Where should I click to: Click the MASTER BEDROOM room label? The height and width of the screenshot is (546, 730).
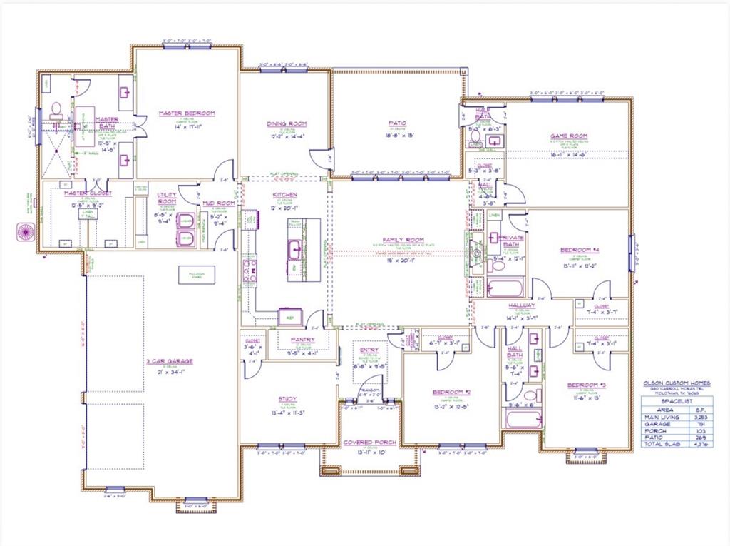(187, 113)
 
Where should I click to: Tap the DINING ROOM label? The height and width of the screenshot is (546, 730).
(287, 123)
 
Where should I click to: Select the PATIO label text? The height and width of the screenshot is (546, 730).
(397, 123)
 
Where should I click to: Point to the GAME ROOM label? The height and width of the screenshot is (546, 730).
(568, 136)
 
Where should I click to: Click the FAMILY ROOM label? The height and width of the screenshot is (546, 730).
(404, 240)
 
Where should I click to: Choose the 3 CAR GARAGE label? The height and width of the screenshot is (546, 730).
(170, 361)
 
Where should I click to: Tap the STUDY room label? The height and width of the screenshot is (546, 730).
(288, 399)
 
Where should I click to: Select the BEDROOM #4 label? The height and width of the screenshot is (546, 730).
(579, 250)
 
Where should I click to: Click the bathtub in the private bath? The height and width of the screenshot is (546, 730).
(505, 288)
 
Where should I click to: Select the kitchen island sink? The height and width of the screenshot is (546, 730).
(294, 248)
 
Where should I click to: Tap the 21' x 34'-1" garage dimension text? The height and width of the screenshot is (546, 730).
(170, 371)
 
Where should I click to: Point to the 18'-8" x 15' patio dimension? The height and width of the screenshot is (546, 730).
(397, 133)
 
